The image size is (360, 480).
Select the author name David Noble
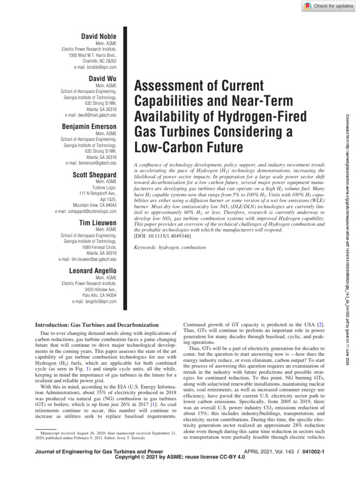(99, 36)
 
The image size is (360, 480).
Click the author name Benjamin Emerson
(90, 127)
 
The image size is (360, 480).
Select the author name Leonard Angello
(93, 271)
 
